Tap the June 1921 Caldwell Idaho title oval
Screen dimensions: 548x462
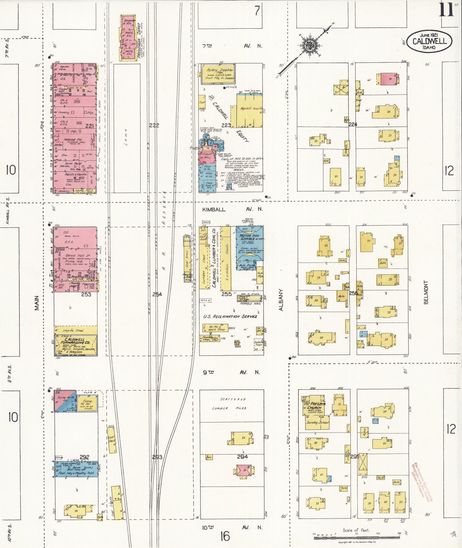click(429, 41)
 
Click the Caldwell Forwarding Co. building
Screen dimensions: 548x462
click(76, 345)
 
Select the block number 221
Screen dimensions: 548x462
click(90, 126)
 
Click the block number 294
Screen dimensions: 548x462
click(242, 457)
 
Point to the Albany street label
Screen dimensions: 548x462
click(281, 300)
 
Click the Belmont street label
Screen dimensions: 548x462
click(426, 292)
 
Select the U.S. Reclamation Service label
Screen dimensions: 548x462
click(230, 316)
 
